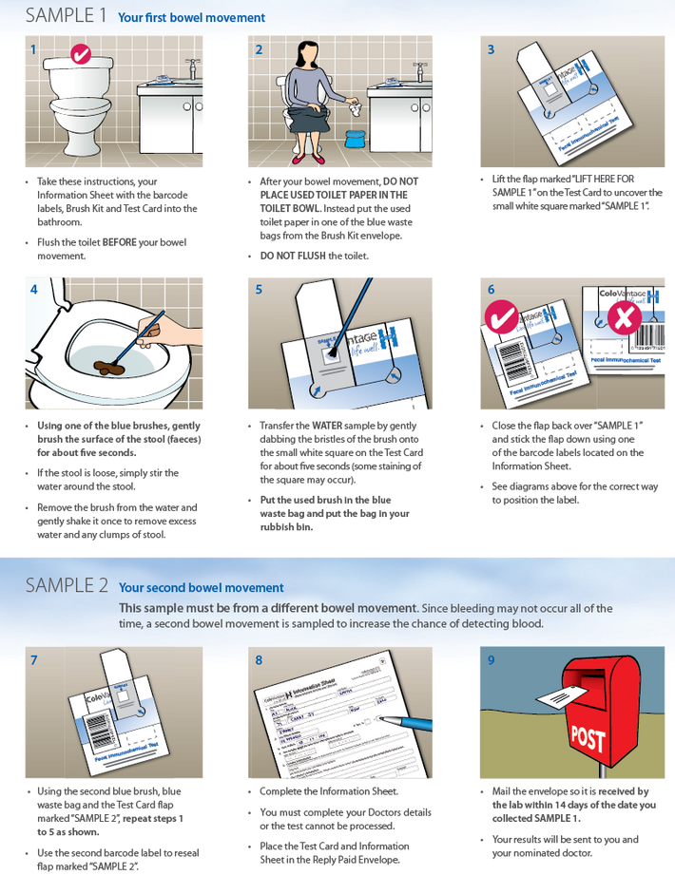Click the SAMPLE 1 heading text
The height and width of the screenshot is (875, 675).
[65, 16]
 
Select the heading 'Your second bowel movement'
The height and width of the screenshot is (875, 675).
[201, 587]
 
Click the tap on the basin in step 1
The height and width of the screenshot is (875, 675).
[193, 70]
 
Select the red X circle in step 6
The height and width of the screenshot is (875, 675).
[624, 319]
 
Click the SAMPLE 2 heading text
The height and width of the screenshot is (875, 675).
[67, 585]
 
